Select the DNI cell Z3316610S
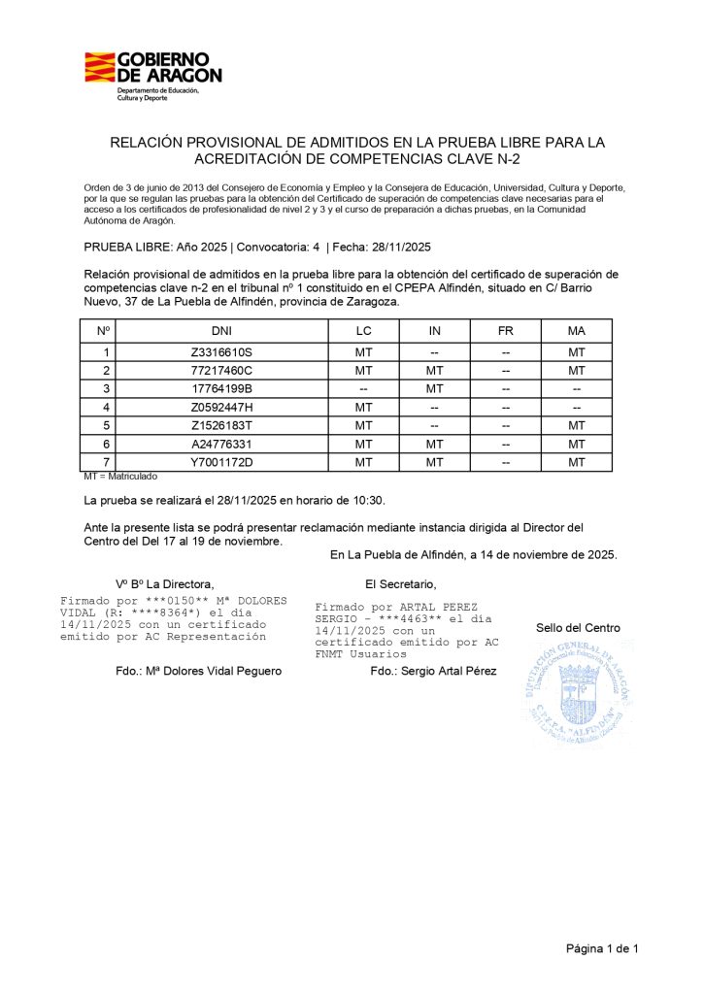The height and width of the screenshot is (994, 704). (x=221, y=352)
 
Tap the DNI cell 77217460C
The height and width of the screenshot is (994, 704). (x=221, y=371)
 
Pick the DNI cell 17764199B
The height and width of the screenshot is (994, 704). (x=221, y=389)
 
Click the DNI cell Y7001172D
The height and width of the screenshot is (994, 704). (x=221, y=462)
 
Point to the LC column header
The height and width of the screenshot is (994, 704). (x=364, y=331)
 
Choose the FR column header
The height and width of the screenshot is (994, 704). (x=505, y=331)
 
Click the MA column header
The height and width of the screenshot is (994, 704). (x=576, y=331)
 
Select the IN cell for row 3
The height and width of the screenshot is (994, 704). (x=435, y=389)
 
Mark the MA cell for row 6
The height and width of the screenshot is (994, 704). (x=576, y=444)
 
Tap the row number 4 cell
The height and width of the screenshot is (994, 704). (x=105, y=408)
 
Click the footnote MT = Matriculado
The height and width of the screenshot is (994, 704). (x=120, y=477)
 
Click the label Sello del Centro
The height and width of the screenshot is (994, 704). (x=578, y=628)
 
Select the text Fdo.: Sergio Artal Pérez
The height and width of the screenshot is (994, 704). (x=433, y=671)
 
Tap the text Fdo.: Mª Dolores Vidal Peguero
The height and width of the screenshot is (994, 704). (x=198, y=671)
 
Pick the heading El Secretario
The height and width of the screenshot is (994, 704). (x=400, y=583)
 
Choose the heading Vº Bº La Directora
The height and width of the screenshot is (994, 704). (x=164, y=583)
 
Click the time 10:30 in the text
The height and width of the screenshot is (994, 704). (x=369, y=501)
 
